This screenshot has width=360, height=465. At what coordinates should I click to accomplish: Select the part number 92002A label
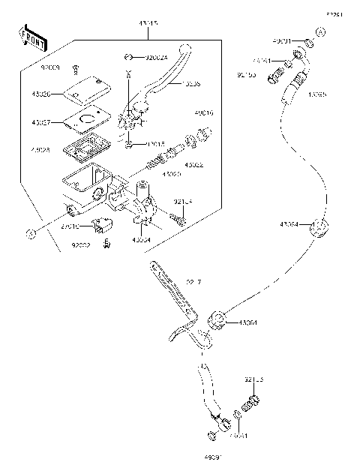[156, 56]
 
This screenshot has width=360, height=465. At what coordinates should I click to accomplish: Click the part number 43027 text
[42, 122]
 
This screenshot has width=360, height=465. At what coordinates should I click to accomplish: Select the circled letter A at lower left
[30, 233]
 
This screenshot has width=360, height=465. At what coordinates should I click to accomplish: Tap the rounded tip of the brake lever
[181, 50]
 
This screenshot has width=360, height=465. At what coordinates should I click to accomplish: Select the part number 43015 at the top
[148, 24]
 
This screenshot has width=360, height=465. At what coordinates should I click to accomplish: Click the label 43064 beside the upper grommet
[289, 224]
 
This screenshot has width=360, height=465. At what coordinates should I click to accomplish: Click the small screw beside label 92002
[107, 241]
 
